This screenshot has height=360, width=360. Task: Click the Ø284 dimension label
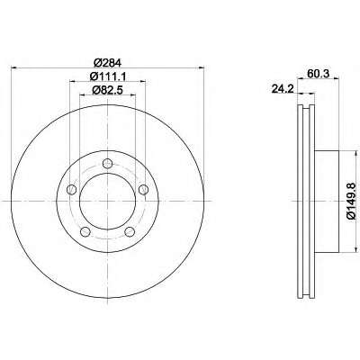107,63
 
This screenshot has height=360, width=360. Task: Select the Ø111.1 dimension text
107,76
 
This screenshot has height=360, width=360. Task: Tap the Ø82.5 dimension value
108,90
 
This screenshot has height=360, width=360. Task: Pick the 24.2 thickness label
283,88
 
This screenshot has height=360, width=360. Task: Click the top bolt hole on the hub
107,164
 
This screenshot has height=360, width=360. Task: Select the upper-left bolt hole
72,190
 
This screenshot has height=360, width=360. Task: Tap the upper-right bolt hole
144,189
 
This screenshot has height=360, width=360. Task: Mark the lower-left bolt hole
85,231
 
